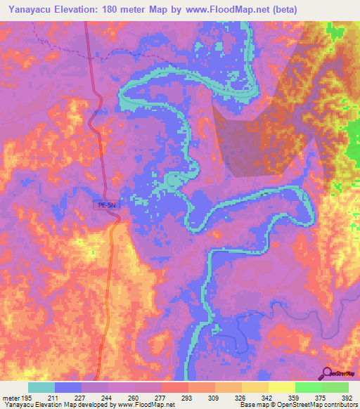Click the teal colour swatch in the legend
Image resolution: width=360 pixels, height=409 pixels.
tap(41, 387)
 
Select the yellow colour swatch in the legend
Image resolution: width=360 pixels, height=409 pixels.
tap(281, 387)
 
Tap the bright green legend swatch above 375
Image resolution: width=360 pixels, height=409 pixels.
tap(308, 387)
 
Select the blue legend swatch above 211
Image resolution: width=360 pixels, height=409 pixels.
tap(68, 387)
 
